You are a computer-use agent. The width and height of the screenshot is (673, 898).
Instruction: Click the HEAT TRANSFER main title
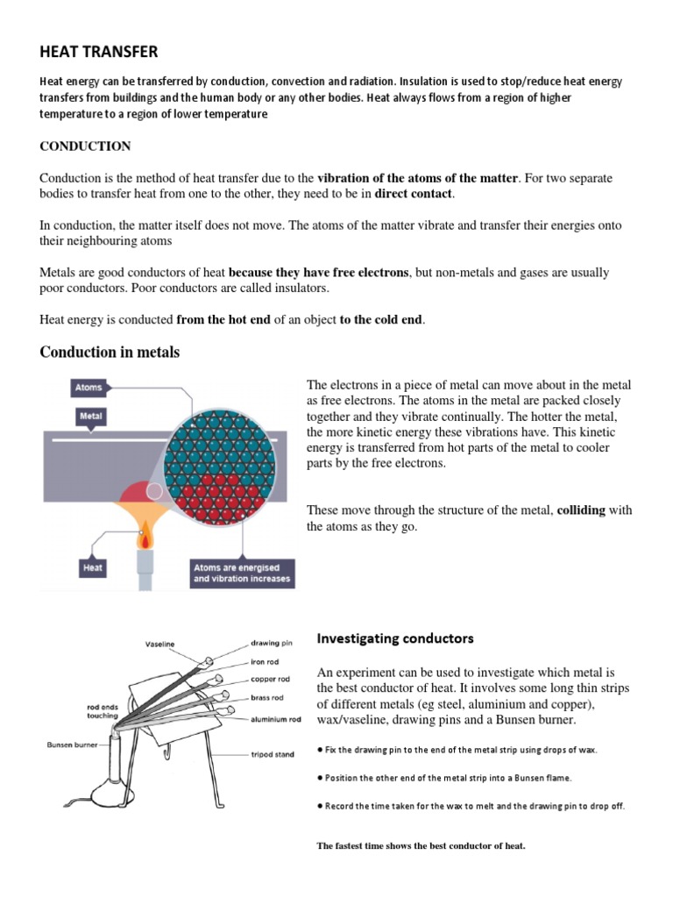click(x=99, y=53)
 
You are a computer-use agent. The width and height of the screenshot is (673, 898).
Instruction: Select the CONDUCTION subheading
click(x=85, y=146)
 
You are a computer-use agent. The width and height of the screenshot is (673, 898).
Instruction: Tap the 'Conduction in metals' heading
click(x=110, y=353)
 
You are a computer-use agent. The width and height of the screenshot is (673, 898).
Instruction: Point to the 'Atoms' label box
click(x=89, y=387)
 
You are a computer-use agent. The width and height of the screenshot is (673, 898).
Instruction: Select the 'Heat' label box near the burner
click(x=93, y=567)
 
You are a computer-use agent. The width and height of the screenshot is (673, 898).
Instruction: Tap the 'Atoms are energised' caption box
click(x=242, y=574)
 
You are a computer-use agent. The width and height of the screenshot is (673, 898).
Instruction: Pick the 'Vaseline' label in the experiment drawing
click(x=160, y=644)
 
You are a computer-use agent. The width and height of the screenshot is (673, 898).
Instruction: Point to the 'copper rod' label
click(x=271, y=679)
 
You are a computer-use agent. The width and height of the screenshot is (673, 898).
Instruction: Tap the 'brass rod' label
click(x=267, y=699)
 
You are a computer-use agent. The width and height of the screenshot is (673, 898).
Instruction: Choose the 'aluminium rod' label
click(x=277, y=719)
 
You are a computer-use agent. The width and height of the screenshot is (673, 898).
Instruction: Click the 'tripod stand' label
click(x=273, y=754)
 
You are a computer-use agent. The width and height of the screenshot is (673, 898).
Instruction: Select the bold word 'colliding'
click(x=581, y=510)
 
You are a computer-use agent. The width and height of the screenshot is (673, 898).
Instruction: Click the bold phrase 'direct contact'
click(x=414, y=193)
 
